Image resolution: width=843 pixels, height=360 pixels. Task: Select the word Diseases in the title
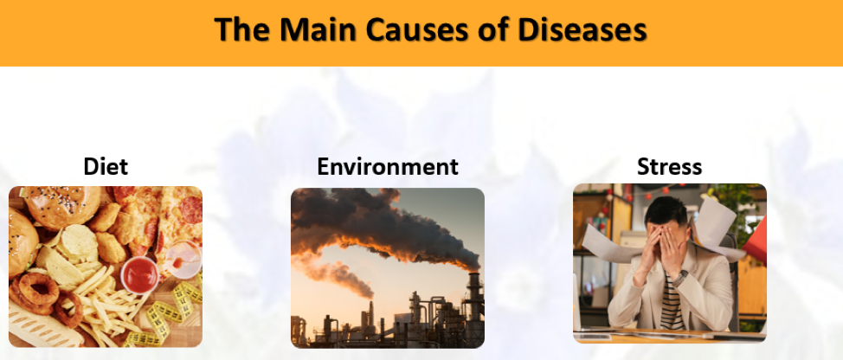click(x=582, y=29)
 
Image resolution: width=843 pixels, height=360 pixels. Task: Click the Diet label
click(x=106, y=166)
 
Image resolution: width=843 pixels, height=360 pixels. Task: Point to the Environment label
click(x=388, y=166)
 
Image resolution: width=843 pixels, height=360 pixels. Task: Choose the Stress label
click(x=669, y=166)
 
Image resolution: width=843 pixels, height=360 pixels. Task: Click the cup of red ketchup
click(x=140, y=274)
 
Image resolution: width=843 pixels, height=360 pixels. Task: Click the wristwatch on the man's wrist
click(x=680, y=279)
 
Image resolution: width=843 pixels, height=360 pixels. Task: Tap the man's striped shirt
click(x=672, y=304)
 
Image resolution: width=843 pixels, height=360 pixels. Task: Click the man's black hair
click(x=666, y=210)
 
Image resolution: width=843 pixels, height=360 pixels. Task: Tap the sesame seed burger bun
click(x=61, y=207)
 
